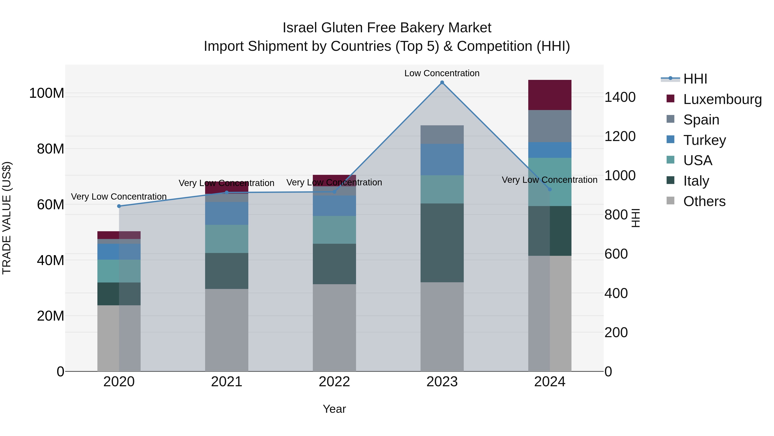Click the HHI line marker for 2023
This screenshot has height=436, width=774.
(442, 82)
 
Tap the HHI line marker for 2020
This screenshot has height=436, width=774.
(119, 206)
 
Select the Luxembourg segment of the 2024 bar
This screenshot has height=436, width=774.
(550, 95)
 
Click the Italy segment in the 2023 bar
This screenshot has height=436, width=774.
(442, 243)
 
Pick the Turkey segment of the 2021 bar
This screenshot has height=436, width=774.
(227, 213)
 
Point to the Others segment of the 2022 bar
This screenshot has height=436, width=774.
(334, 328)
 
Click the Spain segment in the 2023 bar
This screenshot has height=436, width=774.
(442, 135)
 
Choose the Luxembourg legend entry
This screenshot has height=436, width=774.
(722, 99)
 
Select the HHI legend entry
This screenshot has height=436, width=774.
(695, 79)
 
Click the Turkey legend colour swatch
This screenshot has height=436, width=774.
(670, 139)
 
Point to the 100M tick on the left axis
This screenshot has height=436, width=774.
(47, 93)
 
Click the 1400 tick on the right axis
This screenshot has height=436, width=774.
(620, 97)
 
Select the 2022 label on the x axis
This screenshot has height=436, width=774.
(334, 382)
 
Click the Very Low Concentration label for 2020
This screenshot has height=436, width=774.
(119, 197)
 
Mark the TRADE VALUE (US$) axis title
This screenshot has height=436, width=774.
(7, 218)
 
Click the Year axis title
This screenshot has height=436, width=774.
(334, 409)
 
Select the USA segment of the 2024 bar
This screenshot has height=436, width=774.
(550, 182)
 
